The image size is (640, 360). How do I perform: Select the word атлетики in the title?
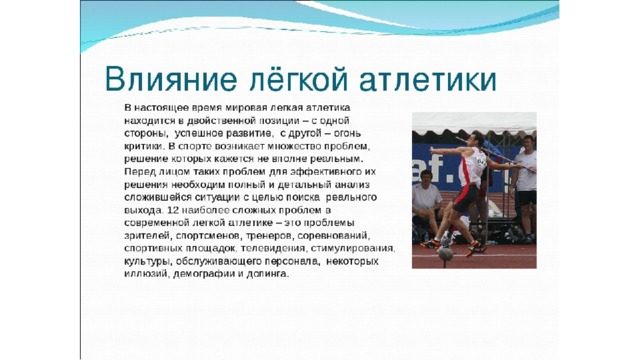tap(428, 80)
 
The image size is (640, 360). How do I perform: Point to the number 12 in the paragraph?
tap(173, 211)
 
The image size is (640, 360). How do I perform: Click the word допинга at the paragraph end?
tap(267, 274)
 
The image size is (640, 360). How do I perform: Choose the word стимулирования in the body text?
tap(353, 249)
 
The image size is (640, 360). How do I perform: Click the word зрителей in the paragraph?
tap(147, 236)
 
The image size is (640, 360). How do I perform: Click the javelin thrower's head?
tap(475, 139)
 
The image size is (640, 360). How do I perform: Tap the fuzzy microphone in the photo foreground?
tap(445, 253)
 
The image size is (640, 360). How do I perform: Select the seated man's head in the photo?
tap(427, 176)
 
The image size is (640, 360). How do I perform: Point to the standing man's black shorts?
tap(528, 198)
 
